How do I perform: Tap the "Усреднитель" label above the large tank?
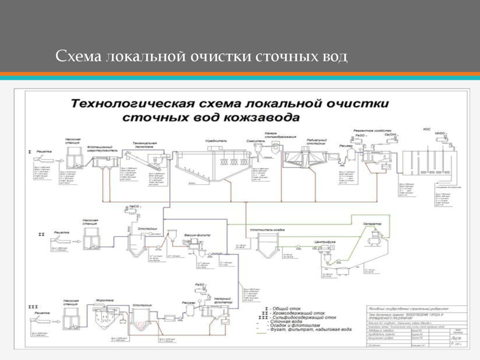pyautogui.click(x=216, y=141)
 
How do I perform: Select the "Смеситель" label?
pyautogui.click(x=255, y=141)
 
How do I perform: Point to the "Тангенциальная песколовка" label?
pyautogui.click(x=145, y=145)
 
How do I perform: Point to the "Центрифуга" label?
pyautogui.click(x=324, y=242)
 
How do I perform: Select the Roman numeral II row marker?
pyautogui.click(x=41, y=233)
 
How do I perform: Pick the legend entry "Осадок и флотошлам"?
pyautogui.click(x=305, y=325)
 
